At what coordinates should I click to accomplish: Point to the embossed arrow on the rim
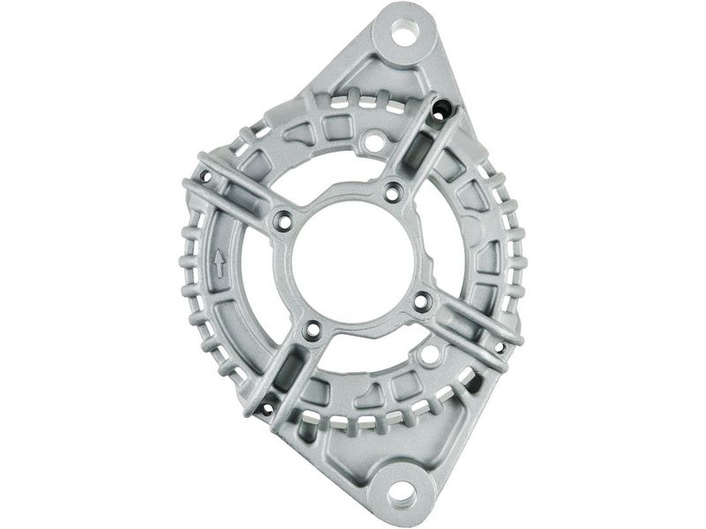220,262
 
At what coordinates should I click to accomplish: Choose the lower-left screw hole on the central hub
311,332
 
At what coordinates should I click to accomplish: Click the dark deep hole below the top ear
443,109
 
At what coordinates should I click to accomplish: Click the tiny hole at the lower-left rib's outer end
266,407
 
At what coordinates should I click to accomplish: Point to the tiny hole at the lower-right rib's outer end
500,346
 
